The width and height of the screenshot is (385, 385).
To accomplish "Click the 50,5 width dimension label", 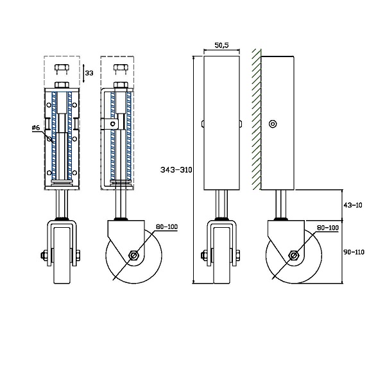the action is tap(221, 45).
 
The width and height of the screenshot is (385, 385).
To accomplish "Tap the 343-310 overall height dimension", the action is tap(176, 169).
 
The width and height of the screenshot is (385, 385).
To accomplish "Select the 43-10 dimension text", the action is tap(352, 205).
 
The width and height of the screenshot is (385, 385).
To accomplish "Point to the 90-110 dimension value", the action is tap(354, 252).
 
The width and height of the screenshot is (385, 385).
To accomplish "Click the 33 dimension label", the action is tap(89, 73).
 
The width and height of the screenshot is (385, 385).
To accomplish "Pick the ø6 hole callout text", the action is tap(36, 128).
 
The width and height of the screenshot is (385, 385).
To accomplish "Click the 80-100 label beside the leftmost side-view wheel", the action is tap(167, 227).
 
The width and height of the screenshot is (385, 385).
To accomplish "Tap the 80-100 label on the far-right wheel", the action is tap(328, 228).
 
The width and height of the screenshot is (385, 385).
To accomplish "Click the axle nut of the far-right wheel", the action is tap(293, 255).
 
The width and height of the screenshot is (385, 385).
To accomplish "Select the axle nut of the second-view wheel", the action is tap(133, 255).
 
